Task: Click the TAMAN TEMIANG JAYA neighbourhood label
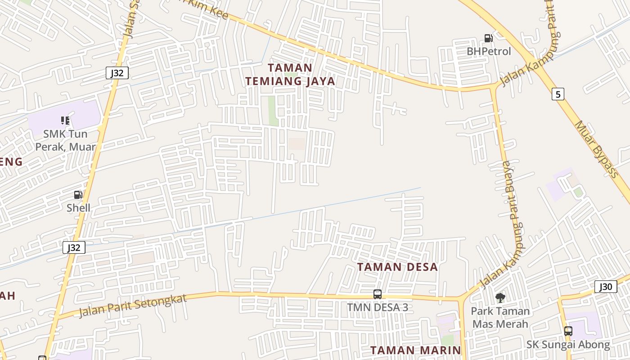click(290, 74)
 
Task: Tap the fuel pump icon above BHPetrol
click(488, 38)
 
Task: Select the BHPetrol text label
click(489, 51)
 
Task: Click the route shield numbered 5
click(558, 94)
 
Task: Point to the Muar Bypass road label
click(596, 149)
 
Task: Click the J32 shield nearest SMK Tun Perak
click(117, 73)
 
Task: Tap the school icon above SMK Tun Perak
click(65, 120)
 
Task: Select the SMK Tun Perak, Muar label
click(66, 140)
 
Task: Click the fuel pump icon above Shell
click(78, 195)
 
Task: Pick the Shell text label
click(78, 208)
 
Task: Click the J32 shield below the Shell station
click(74, 247)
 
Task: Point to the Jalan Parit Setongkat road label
click(132, 306)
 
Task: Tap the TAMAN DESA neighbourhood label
click(397, 267)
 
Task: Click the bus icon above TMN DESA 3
click(378, 294)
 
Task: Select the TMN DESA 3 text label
click(378, 307)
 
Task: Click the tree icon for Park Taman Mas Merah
click(500, 297)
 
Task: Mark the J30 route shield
click(605, 287)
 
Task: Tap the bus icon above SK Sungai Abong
click(568, 331)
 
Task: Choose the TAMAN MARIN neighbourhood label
click(416, 350)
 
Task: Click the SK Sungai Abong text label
click(568, 345)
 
